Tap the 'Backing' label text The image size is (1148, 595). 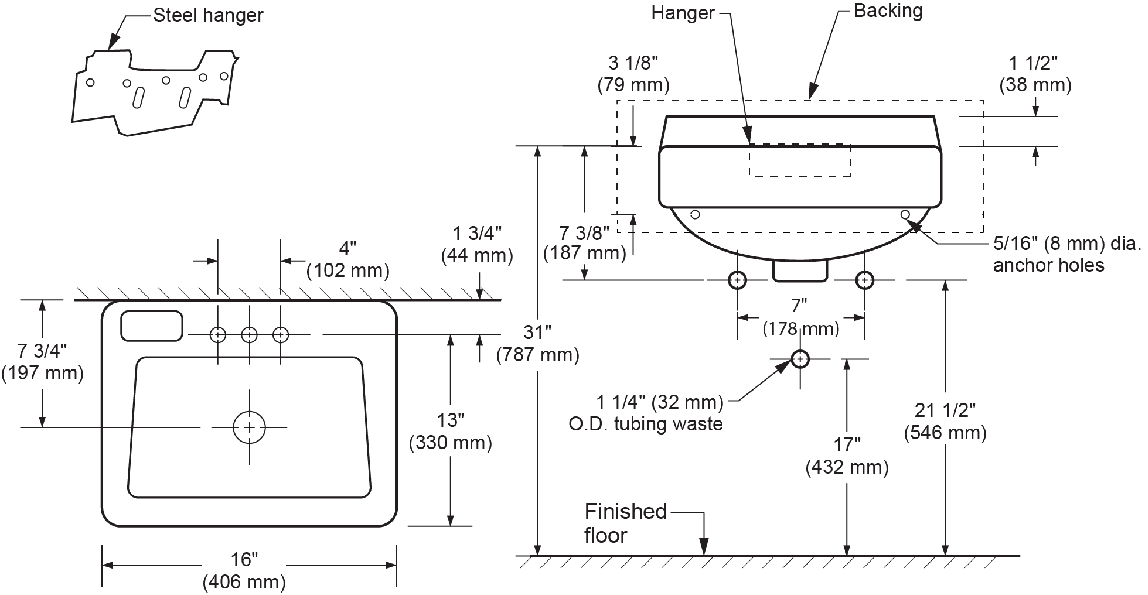pos(888,11)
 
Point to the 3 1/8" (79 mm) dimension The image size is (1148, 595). pos(633,74)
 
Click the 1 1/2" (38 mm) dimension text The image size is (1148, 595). pos(1035,74)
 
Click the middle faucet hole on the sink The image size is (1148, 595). pos(249,334)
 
